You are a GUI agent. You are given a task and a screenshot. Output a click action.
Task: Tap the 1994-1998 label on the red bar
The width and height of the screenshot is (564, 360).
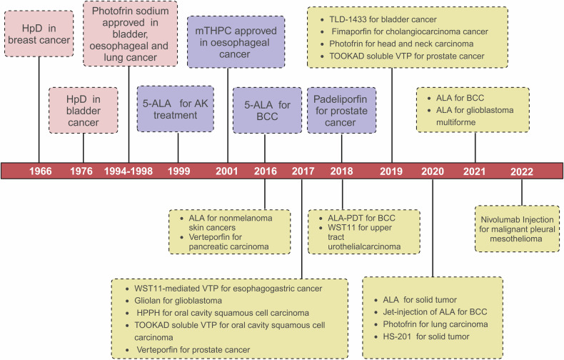[129, 171]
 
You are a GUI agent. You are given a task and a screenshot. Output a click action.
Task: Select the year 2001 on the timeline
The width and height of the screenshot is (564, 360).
[228, 171]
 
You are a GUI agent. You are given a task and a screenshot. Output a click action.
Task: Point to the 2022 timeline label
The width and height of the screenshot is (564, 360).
[521, 171]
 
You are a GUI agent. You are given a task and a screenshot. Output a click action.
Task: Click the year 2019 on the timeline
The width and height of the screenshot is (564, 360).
[392, 171]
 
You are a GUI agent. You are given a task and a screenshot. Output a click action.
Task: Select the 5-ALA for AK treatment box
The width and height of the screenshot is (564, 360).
[176, 109]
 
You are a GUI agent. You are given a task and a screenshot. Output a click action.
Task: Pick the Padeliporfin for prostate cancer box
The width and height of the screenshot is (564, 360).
[341, 109]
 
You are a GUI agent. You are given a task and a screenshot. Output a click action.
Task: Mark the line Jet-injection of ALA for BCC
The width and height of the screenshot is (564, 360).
[428, 313]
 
